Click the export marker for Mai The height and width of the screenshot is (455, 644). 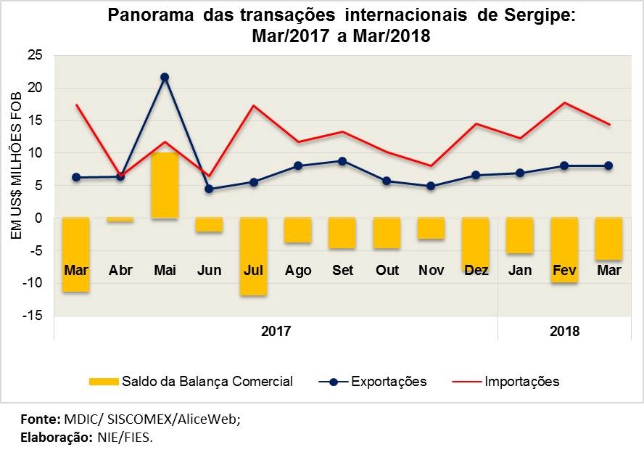[x=165, y=77]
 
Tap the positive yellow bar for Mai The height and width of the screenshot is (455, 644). [x=165, y=185]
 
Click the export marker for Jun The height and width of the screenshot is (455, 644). [x=209, y=189]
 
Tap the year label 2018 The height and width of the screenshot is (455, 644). [x=564, y=331]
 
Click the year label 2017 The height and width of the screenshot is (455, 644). [x=276, y=331]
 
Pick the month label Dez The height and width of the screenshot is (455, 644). [x=476, y=271]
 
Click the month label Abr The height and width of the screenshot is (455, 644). [x=120, y=271]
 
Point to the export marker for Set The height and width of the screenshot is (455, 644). [x=343, y=161]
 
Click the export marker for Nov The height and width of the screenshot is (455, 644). [x=432, y=186]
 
